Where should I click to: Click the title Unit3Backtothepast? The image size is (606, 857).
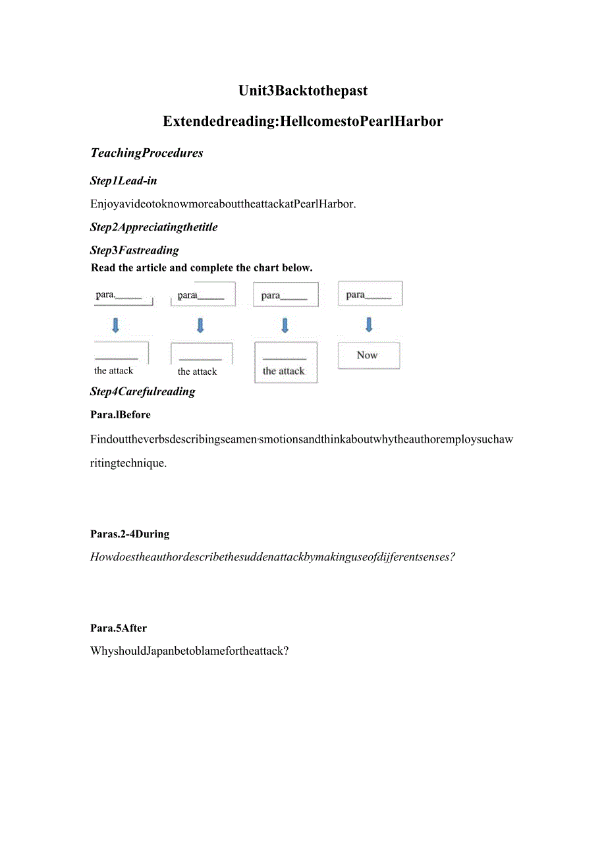[x=302, y=91]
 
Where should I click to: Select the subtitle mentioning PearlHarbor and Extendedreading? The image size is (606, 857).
[x=302, y=121]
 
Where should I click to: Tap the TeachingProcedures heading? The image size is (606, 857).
[x=146, y=153]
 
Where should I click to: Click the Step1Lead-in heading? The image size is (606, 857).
[x=123, y=180]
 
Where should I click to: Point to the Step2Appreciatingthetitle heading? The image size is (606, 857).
[x=153, y=227]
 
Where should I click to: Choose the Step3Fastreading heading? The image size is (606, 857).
[x=134, y=250]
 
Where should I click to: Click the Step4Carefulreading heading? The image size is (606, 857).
[x=142, y=391]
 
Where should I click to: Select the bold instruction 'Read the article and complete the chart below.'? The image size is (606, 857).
[x=202, y=267]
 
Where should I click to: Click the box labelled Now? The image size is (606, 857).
[x=368, y=355]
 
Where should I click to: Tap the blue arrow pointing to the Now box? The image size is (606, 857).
[x=369, y=324]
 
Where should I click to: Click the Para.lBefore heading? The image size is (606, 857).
[x=121, y=415]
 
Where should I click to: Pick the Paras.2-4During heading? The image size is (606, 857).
[x=130, y=534]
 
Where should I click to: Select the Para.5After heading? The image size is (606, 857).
[x=119, y=628]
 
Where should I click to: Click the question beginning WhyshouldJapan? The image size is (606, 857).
[x=190, y=651]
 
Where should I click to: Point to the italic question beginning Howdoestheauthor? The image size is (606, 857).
[x=273, y=557]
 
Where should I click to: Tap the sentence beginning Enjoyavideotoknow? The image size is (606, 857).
[x=223, y=204]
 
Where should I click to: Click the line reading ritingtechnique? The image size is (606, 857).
[x=128, y=463]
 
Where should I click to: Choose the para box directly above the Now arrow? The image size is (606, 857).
[x=370, y=294]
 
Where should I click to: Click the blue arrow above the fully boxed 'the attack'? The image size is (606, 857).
[x=285, y=325]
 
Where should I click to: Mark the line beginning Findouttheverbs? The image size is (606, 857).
[x=301, y=439]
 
